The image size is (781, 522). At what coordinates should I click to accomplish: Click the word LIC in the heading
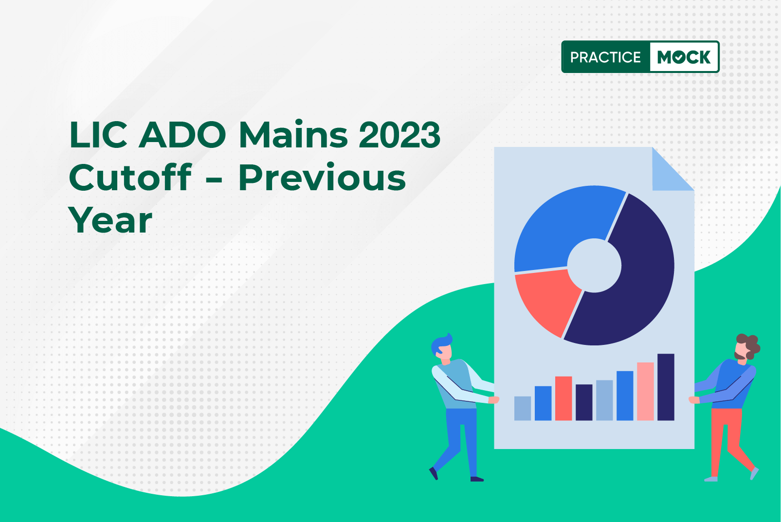98,134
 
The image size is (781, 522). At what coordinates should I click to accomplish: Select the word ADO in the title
182,134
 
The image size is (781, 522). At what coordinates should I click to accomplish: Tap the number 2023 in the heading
400,134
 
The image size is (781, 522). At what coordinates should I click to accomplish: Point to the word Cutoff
130,177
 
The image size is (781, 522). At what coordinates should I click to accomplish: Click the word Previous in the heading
322,178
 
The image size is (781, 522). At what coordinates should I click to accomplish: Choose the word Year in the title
110,220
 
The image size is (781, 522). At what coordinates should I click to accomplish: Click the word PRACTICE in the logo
605,57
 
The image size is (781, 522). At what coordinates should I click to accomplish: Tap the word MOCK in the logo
684,57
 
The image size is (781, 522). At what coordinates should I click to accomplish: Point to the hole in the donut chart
595,266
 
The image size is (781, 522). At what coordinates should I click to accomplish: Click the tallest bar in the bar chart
666,387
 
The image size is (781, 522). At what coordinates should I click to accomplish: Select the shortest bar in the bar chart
523,408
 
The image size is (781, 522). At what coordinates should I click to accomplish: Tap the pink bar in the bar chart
645,391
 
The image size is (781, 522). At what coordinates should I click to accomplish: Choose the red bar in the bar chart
563,398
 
